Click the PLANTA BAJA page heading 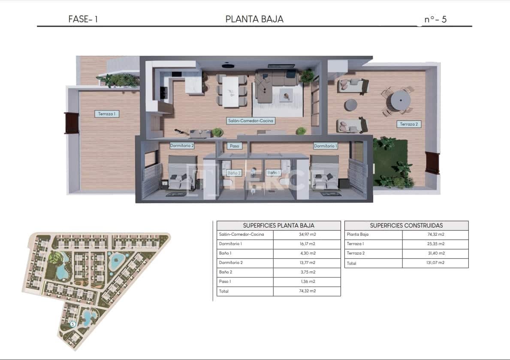(254, 19)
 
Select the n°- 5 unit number (435, 19)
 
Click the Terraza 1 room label (107, 114)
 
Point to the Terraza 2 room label (409, 124)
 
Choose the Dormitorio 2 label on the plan (182, 146)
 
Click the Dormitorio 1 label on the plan (326, 146)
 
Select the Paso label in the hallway (234, 146)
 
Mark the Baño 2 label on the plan (234, 173)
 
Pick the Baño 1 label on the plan (273, 173)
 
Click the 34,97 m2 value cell (307, 234)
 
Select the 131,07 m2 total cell (435, 263)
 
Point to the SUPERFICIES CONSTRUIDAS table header (406, 225)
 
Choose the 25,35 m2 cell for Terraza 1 (435, 244)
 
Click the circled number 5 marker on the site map (72, 324)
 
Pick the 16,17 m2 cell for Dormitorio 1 (307, 244)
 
